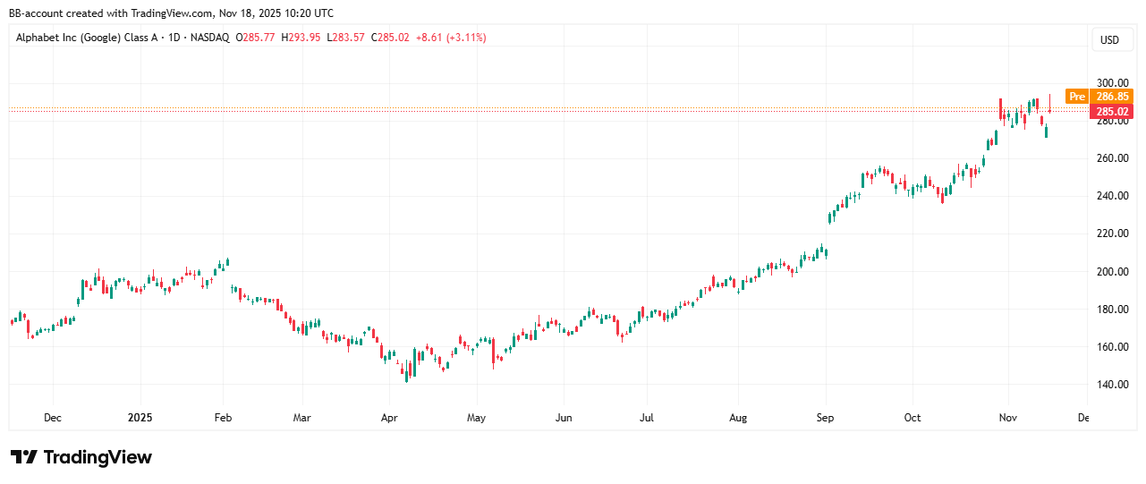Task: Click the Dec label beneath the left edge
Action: (53, 418)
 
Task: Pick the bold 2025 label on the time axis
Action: (140, 418)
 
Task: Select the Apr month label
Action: (389, 418)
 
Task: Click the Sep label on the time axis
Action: (825, 418)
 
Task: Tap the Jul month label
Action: (647, 418)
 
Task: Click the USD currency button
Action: (1109, 39)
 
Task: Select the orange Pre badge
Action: (1077, 97)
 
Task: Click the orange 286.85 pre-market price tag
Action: (1112, 97)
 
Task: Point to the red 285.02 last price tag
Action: (1112, 111)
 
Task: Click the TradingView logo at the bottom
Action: (81, 457)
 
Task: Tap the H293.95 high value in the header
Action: (302, 38)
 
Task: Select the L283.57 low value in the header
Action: (346, 38)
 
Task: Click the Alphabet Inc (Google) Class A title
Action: (88, 38)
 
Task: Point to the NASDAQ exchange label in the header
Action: (208, 38)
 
